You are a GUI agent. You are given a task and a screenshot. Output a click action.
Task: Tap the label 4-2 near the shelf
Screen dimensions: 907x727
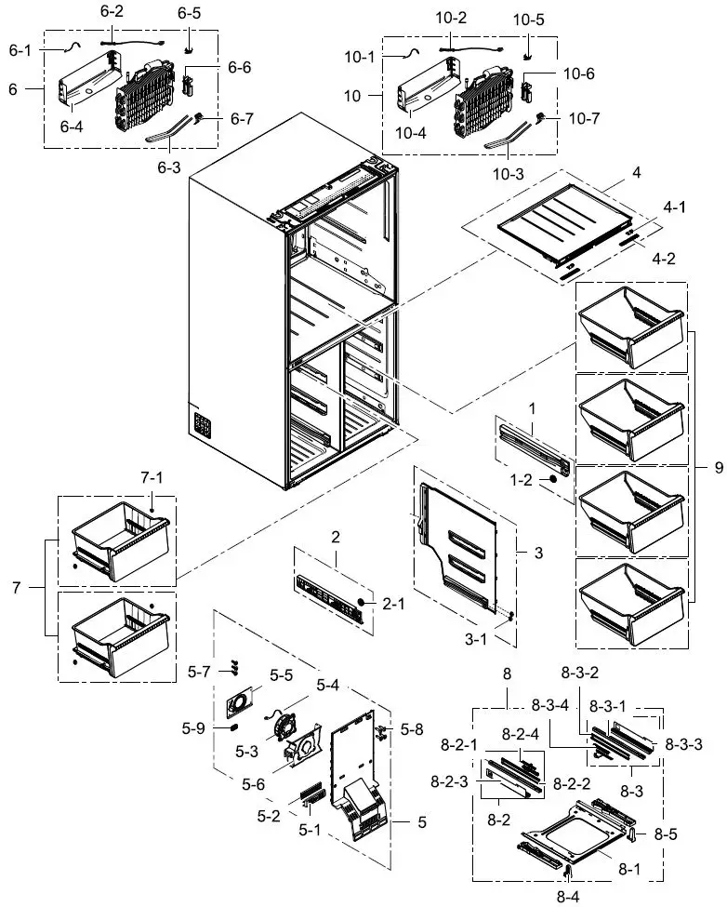point(664,259)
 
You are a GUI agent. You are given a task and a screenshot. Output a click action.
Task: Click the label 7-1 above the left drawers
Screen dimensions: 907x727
point(152,478)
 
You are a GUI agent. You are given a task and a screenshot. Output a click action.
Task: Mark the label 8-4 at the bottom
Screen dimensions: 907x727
point(568,897)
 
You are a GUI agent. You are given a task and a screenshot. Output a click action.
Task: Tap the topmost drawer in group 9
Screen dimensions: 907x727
point(632,328)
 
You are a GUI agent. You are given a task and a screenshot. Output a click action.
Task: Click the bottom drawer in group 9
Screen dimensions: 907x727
point(632,602)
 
